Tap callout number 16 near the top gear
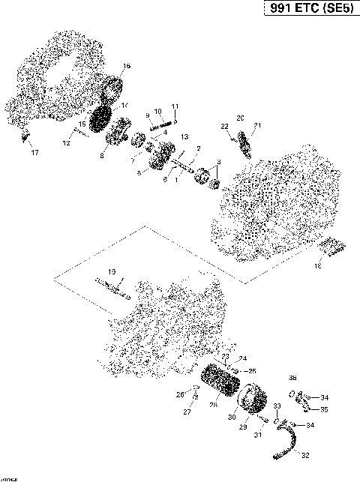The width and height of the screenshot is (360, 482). pos(126,67)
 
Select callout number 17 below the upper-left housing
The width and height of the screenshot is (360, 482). pos(34,154)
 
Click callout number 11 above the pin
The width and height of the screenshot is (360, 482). pos(175,106)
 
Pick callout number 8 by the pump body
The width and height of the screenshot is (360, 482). pos(102,156)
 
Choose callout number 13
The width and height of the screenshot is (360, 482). pos(183,137)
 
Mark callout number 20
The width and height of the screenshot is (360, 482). pos(240,118)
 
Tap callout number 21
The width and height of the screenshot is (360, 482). pos(257,125)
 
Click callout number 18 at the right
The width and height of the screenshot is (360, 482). pos(317,265)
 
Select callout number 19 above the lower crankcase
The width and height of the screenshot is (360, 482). pos(110,271)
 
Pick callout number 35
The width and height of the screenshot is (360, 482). pos(324,409)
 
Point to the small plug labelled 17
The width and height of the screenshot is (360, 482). pos(25,136)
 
